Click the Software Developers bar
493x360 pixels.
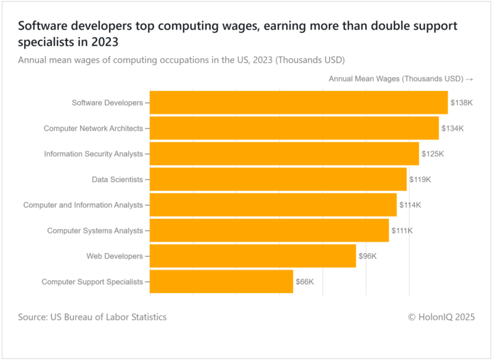[x=299, y=103]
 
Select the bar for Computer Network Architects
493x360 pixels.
[x=294, y=128]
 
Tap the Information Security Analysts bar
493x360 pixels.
[x=284, y=154]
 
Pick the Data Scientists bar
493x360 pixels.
[x=278, y=179]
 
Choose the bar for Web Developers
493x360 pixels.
[x=253, y=256]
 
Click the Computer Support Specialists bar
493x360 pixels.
[x=221, y=281]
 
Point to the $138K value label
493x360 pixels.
[x=462, y=103]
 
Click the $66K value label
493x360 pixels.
[x=305, y=282]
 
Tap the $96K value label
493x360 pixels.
[x=368, y=256]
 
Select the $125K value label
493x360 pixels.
[x=433, y=154]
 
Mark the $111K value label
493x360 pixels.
[x=402, y=231]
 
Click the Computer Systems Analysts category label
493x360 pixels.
[x=94, y=231]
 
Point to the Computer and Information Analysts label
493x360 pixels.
[x=83, y=205]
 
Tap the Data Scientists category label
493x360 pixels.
[x=117, y=179]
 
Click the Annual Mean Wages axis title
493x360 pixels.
[x=401, y=79]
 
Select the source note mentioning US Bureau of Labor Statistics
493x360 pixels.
[x=92, y=317]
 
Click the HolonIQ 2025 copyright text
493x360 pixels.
[x=441, y=317]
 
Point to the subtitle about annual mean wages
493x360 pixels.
[x=181, y=60]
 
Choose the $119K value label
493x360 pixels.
[x=420, y=179]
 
